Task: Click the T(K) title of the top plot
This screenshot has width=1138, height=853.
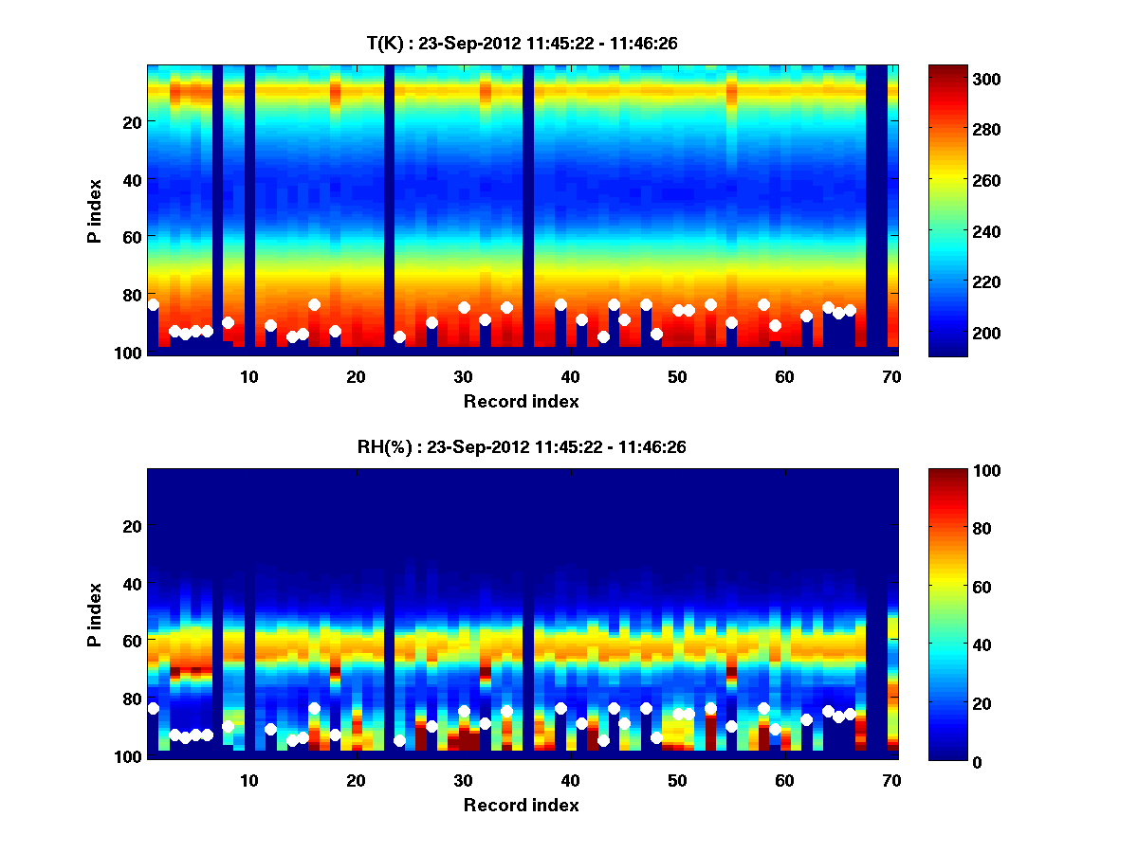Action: coord(522,43)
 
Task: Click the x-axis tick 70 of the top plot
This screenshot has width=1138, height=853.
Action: coord(891,376)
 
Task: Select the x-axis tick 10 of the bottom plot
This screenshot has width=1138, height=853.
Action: coord(248,780)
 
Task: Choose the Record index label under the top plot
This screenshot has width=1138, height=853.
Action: coord(522,401)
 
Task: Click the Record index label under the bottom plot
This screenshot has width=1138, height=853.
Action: coord(522,805)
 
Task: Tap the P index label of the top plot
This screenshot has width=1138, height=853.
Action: coord(94,208)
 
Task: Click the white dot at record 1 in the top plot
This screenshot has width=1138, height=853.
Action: coord(153,304)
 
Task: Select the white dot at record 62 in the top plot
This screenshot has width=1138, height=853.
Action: coord(806,316)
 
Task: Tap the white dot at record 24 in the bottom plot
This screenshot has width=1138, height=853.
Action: coord(399,740)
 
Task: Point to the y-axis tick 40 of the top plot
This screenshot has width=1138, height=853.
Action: coord(131,179)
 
